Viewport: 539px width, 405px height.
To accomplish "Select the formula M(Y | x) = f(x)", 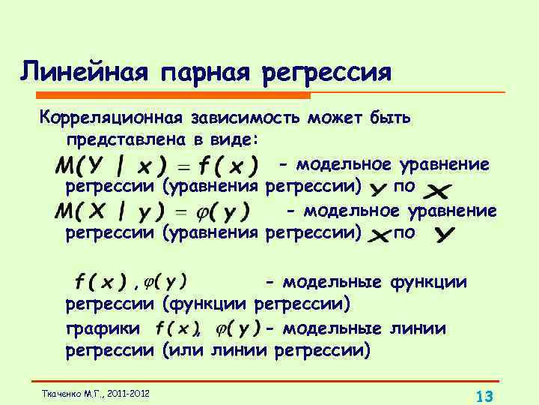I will click(156, 164).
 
